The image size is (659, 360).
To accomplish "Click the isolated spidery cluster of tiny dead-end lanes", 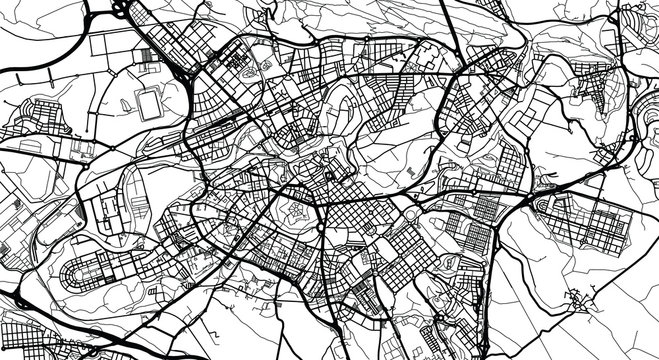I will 578,298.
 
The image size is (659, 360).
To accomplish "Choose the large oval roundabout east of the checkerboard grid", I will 409,209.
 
